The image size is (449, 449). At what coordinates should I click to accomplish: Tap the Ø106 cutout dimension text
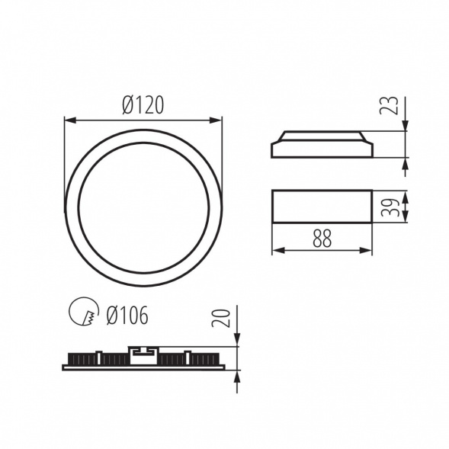pos(127,314)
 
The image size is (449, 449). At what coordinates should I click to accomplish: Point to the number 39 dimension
pos(390,207)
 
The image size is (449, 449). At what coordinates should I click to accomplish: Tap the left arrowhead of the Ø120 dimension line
pos(69,120)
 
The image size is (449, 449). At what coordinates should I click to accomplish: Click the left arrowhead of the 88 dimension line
pos(276,250)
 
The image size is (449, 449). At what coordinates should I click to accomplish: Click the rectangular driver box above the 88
pos(322,207)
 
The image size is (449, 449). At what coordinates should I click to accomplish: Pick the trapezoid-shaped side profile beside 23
pos(322,144)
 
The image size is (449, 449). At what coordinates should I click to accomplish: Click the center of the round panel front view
pos(143,207)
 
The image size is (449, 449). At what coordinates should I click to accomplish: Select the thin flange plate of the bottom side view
pos(143,367)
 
